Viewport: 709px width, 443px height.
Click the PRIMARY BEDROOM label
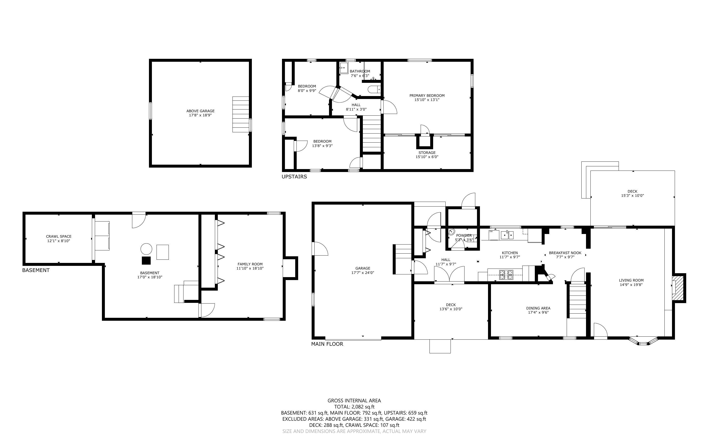(427, 96)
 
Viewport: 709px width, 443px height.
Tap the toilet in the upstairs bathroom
(374, 89)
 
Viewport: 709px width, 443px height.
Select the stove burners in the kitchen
(506, 274)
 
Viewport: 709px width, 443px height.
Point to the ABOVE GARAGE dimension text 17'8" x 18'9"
(200, 115)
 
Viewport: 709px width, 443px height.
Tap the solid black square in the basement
(146, 260)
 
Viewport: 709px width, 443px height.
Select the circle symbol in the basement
(147, 249)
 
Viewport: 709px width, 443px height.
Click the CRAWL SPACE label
(59, 236)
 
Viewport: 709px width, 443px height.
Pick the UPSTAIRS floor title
(294, 177)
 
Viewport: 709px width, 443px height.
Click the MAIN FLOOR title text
(327, 344)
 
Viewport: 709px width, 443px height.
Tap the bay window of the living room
(643, 342)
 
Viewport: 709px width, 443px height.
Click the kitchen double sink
(507, 235)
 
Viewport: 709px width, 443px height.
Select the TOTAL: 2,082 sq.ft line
(354, 407)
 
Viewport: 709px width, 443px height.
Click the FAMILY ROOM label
(250, 264)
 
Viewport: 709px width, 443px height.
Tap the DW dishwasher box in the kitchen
(494, 235)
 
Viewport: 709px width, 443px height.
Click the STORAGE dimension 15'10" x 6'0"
(427, 157)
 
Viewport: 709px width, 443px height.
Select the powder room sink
(452, 232)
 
